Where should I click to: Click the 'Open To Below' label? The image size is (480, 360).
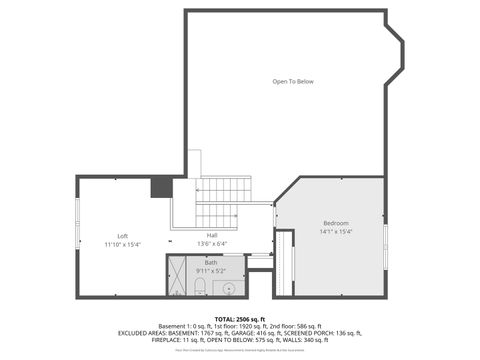293,81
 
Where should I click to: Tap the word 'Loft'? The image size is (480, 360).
123,236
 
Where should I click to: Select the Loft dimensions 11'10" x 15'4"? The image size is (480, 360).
123,245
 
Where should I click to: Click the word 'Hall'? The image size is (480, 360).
212,235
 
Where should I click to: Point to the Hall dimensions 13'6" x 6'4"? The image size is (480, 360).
212,244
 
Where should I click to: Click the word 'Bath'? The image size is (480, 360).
211,262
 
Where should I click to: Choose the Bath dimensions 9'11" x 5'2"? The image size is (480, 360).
211,270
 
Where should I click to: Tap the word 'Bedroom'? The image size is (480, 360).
336,222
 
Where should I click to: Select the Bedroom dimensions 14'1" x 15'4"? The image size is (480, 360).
336,231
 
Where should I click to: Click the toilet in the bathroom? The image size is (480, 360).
200,287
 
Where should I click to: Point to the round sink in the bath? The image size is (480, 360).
229,289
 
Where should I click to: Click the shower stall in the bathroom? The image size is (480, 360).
178,278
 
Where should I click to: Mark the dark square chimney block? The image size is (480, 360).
161,187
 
